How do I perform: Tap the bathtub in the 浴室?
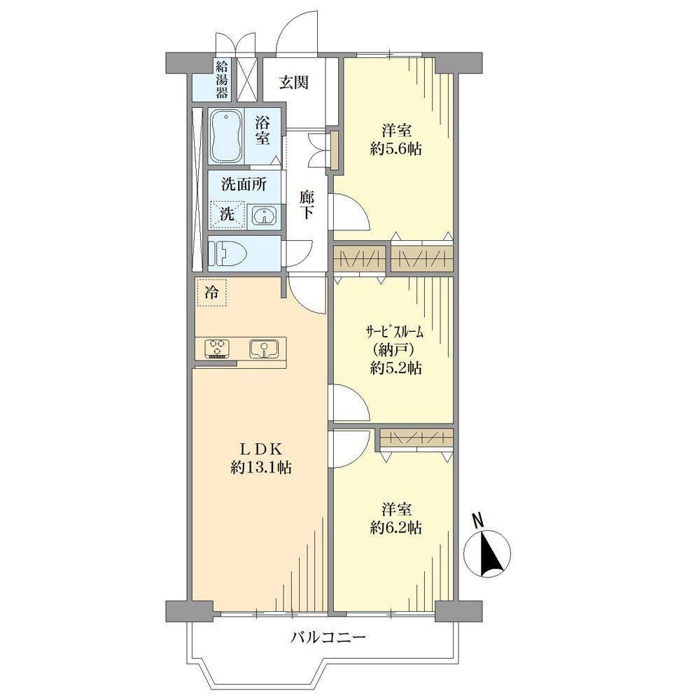226,137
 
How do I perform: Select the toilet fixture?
229,253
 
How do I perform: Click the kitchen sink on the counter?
264,348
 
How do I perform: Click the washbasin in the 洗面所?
265,216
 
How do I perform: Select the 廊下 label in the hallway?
307,204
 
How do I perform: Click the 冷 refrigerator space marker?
212,293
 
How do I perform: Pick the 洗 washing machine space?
227,215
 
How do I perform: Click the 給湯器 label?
222,80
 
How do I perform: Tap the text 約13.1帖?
261,468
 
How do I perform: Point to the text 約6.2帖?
396,528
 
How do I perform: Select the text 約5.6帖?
396,149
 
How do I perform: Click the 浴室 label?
262,131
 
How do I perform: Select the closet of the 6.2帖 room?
416,438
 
